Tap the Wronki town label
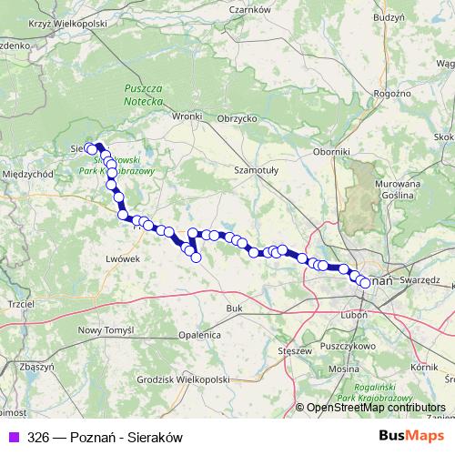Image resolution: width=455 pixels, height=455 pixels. click(187, 116)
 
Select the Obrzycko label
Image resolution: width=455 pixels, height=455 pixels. click(238, 118)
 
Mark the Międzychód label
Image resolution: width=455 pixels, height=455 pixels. click(31, 173)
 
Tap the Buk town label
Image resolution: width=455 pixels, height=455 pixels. click(235, 309)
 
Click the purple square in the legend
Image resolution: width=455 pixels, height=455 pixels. click(13, 437)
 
